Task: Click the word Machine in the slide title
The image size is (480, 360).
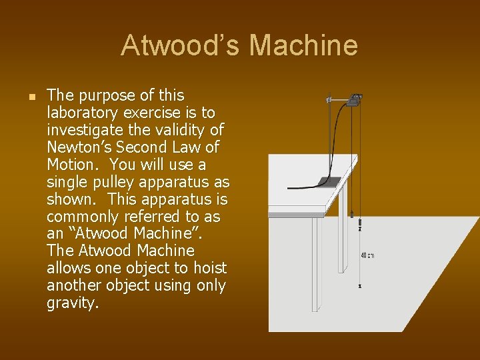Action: click(x=304, y=46)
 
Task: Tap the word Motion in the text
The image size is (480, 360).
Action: click(x=73, y=164)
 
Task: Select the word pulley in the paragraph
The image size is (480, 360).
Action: click(x=105, y=182)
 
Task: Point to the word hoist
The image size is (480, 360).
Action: click(x=210, y=268)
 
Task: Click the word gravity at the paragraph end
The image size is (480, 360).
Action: click(x=73, y=303)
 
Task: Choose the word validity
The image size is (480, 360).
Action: click(x=179, y=130)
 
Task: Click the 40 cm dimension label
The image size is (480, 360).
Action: click(x=367, y=255)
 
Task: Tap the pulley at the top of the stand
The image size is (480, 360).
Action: click(x=354, y=101)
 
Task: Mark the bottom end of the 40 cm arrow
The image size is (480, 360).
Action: click(x=360, y=285)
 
